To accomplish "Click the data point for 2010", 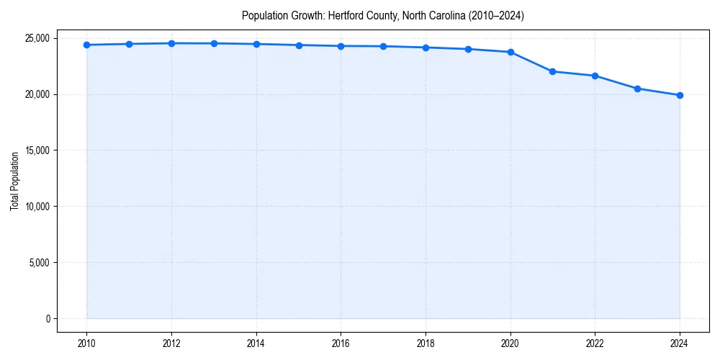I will (86, 45).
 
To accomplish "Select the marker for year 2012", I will (171, 43).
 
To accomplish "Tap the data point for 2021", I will (552, 71).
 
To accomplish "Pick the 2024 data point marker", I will (680, 95).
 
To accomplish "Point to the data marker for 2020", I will (510, 52).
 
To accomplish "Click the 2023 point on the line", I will (637, 89).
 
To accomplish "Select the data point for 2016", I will (341, 46).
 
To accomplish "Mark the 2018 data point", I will (426, 48).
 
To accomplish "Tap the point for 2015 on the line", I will (299, 45).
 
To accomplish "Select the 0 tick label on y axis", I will (48, 318).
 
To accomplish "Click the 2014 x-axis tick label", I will (256, 343).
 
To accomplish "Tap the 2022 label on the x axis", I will (595, 343).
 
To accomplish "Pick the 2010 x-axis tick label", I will (86, 343).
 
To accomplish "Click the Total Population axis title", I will (14, 181).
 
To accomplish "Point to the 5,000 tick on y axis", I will (40, 263).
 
